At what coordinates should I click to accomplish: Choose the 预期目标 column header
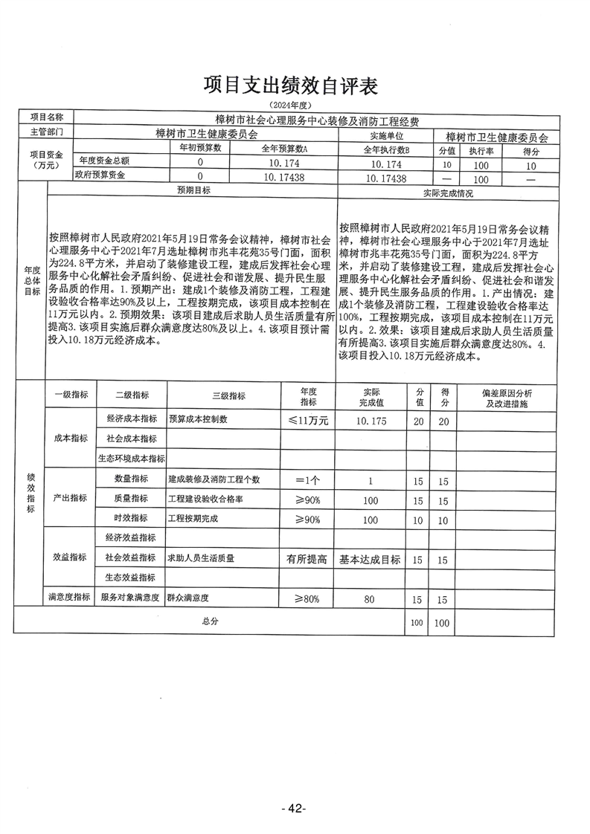pos(193,191)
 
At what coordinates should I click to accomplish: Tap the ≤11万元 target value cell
pos(308,419)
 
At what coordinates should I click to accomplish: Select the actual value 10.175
pos(371,420)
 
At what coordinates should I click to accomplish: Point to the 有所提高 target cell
pos(307,558)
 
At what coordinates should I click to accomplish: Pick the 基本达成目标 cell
pos(371,558)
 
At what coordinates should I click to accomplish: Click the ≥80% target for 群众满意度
pos(307,598)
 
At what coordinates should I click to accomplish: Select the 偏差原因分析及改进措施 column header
pos(506,397)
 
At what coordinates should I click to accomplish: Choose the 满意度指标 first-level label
pos(69,597)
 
